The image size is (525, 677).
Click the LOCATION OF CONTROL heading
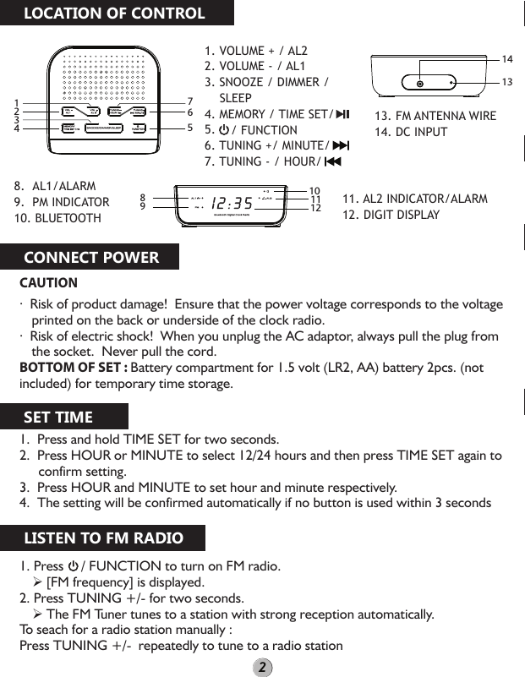pyautogui.click(x=113, y=14)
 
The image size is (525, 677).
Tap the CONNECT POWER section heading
pyautogui.click(x=91, y=258)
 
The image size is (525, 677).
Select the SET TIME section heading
pyautogui.click(x=58, y=417)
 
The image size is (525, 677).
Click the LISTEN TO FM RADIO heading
pyautogui.click(x=103, y=538)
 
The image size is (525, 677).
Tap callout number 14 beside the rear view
pyautogui.click(x=507, y=59)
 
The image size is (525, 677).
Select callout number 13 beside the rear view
pyautogui.click(x=507, y=82)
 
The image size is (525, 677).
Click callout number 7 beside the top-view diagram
pyautogui.click(x=190, y=101)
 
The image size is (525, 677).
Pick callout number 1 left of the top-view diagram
pyautogui.click(x=16, y=102)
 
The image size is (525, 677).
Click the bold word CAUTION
pyautogui.click(x=48, y=283)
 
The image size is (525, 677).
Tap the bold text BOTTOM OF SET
pyautogui.click(x=73, y=368)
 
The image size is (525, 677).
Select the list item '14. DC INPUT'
pyautogui.click(x=411, y=132)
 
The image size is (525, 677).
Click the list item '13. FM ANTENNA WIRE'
pyautogui.click(x=435, y=116)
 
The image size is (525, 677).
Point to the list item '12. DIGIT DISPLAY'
pyautogui.click(x=391, y=215)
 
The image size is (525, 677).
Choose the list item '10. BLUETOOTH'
pyautogui.click(x=57, y=218)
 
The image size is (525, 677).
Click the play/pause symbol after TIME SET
pyautogui.click(x=342, y=114)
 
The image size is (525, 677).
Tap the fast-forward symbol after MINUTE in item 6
pyautogui.click(x=341, y=146)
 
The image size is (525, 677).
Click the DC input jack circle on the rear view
pyautogui.click(x=420, y=83)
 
